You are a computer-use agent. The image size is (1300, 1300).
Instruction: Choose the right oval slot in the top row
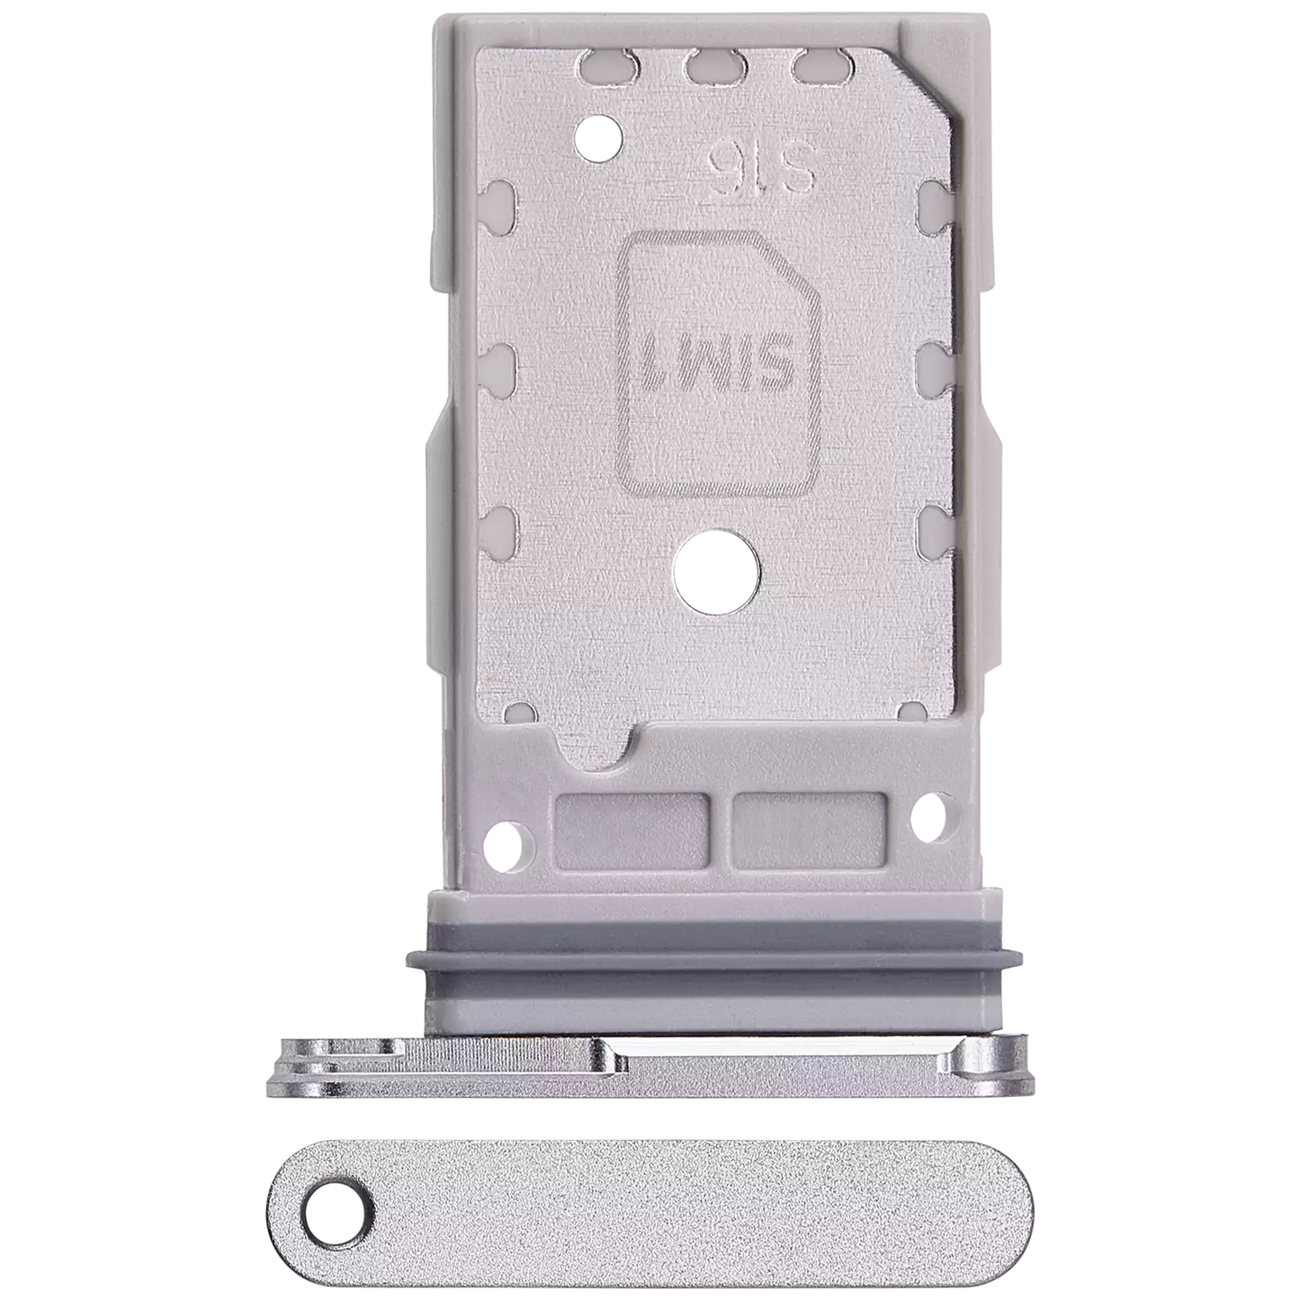(x=813, y=65)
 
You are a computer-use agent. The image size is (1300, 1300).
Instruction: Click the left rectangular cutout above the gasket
(x=631, y=830)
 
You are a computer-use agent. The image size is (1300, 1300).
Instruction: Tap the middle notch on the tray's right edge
(x=935, y=363)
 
